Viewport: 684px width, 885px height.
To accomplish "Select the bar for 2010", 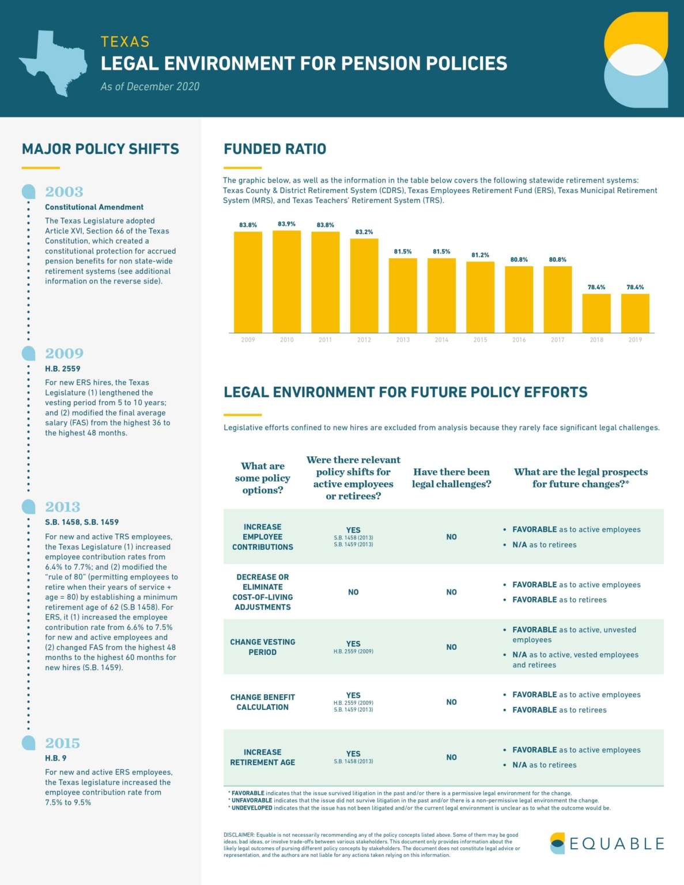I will [x=286, y=282].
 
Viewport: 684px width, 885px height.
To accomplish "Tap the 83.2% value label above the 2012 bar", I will [x=364, y=232].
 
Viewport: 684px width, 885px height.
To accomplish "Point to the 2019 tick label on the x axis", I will [x=635, y=340].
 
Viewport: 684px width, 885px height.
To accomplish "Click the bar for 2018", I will [x=596, y=313].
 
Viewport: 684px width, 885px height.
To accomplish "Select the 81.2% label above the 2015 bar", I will [x=480, y=255].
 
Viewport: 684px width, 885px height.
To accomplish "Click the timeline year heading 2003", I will [x=64, y=192].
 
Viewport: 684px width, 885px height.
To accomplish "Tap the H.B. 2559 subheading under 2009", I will [x=63, y=369].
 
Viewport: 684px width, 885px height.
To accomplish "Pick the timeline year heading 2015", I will [x=62, y=743].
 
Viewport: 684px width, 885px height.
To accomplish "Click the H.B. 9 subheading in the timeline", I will [x=56, y=758].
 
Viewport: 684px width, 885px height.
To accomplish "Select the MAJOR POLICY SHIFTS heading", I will [x=100, y=149].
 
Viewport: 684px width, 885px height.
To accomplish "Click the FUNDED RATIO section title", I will [x=275, y=149].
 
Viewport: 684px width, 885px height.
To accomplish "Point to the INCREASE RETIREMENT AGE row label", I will [x=263, y=757].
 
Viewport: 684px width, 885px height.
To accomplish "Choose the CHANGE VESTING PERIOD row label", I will [x=263, y=647].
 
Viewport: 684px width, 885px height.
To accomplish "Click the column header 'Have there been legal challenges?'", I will [x=451, y=478].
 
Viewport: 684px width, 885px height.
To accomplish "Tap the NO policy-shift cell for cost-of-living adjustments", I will [x=353, y=592].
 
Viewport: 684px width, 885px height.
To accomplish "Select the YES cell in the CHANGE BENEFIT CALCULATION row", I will [x=353, y=695].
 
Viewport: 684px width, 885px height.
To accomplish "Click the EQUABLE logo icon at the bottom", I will [x=557, y=844].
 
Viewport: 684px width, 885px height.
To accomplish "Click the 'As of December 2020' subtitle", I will [x=150, y=87].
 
